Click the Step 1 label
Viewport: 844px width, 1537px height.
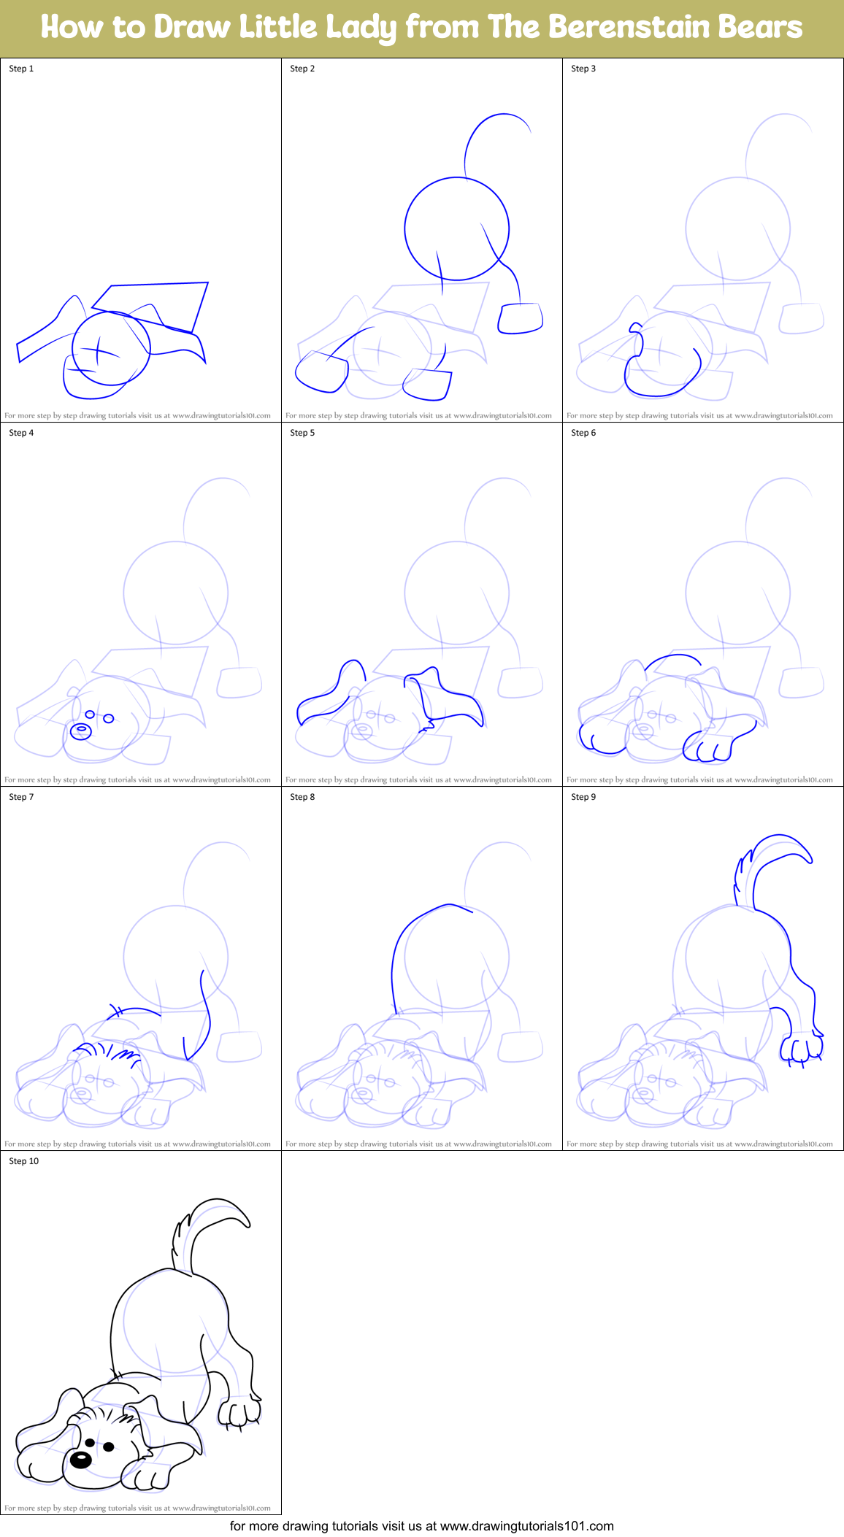click(21, 69)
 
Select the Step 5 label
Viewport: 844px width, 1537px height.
click(302, 433)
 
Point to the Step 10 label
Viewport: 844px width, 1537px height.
click(24, 1161)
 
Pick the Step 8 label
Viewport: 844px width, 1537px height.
click(302, 797)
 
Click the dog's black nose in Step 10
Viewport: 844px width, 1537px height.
click(80, 1460)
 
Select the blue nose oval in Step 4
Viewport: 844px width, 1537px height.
click(80, 731)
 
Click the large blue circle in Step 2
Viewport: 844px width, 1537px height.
click(457, 228)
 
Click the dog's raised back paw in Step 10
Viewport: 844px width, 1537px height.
click(239, 1412)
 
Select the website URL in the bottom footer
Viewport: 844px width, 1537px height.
click(526, 1526)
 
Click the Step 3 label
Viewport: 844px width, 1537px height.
click(583, 69)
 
